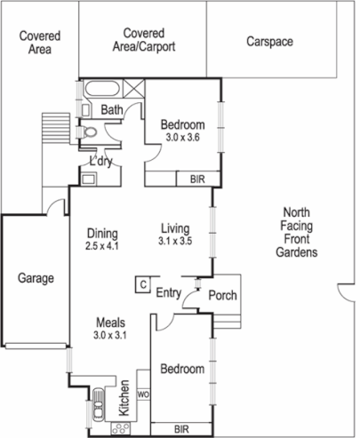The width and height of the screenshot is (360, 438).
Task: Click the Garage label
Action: pos(36,278)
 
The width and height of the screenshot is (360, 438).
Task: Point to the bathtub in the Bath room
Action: pos(100,90)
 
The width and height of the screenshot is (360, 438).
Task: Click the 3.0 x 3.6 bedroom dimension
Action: pos(185,139)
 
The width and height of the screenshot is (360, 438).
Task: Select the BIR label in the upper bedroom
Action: pos(196,179)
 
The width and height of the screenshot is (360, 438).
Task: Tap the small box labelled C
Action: pos(140,284)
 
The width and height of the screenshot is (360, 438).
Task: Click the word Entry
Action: pos(169,292)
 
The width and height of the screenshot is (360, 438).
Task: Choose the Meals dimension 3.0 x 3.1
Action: pos(112,335)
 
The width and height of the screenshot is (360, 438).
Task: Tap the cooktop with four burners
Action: pos(117,428)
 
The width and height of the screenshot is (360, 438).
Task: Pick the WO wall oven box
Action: pos(140,390)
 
